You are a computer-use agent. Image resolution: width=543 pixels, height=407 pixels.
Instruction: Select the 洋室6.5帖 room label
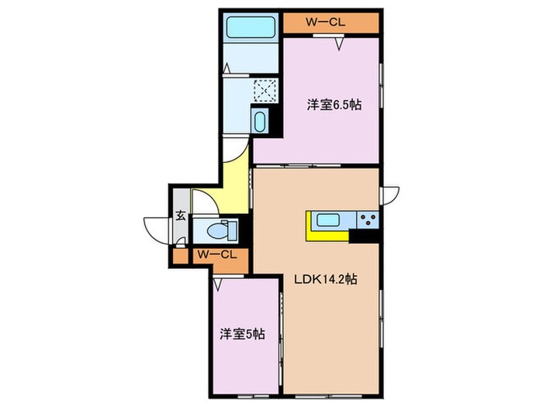pyautogui.click(x=333, y=105)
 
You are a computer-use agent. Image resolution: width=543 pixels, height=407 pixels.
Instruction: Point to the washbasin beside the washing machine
pyautogui.click(x=260, y=122)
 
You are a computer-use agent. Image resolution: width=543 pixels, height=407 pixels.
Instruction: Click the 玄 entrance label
pyautogui.click(x=179, y=216)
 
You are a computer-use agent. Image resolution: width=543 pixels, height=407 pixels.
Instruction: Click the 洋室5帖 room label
pyautogui.click(x=241, y=334)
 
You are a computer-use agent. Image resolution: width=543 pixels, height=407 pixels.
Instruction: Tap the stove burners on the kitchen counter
pyautogui.click(x=367, y=219)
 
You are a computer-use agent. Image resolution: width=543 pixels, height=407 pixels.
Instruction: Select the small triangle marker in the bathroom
pyautogui.click(x=227, y=71)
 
